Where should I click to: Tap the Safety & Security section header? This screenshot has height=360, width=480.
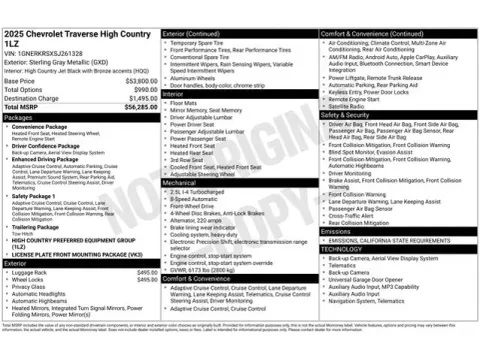(x=349, y=115)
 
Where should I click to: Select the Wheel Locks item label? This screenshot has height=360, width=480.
(x=30, y=280)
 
